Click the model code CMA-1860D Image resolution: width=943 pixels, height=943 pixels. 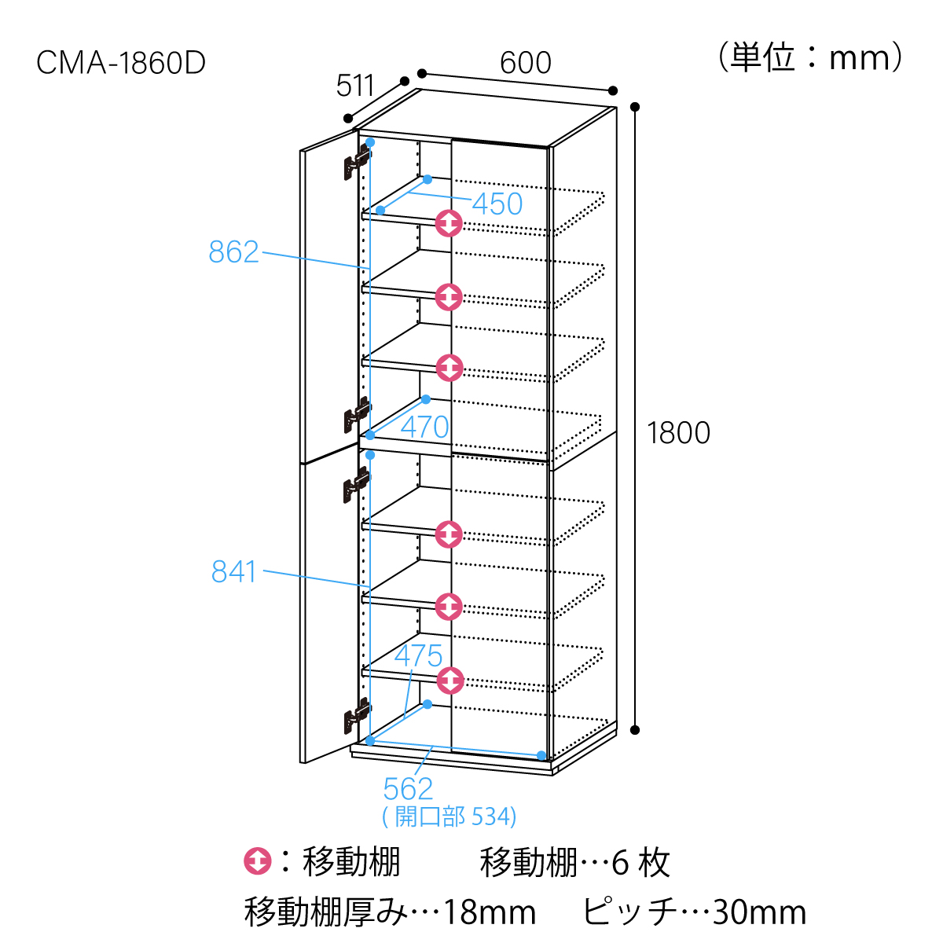(121, 63)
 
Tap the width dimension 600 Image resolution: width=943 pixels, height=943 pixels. (526, 63)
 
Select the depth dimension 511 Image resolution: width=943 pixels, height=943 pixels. (356, 86)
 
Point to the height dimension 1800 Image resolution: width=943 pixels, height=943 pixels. (678, 433)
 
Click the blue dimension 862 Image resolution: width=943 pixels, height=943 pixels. (233, 252)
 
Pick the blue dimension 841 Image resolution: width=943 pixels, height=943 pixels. (234, 572)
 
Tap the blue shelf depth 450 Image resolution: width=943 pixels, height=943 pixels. (497, 204)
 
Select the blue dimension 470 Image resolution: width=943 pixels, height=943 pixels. (425, 427)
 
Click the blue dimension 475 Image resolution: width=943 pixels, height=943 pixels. (419, 656)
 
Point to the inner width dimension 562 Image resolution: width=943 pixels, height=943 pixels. (408, 789)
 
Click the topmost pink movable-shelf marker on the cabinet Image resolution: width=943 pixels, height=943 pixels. (449, 224)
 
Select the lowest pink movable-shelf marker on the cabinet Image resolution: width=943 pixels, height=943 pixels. (449, 680)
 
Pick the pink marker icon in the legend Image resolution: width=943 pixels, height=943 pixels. (258, 862)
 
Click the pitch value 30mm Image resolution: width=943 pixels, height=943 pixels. (759, 913)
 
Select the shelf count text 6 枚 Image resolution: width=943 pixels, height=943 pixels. (640, 863)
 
